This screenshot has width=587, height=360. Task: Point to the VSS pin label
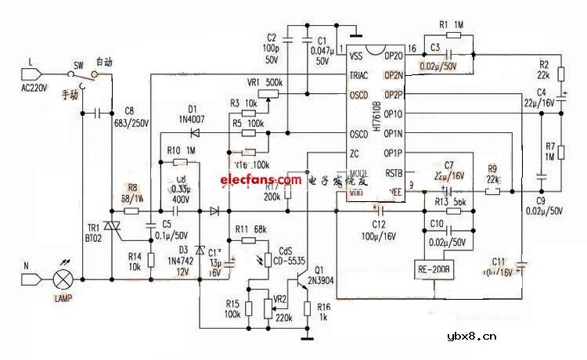357,56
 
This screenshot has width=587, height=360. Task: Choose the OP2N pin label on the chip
393,75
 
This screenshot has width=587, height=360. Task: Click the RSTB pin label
394,173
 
